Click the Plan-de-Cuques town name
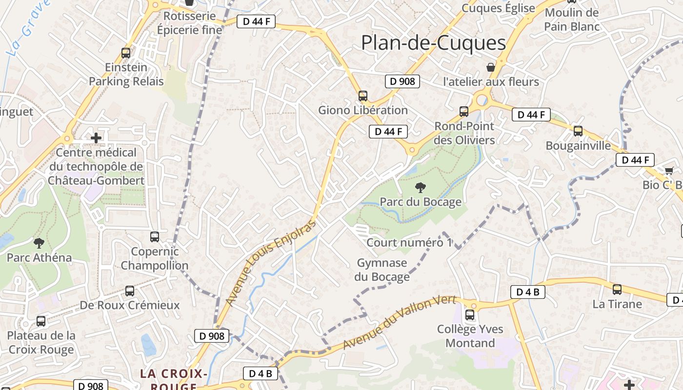click(x=433, y=43)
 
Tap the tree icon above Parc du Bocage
click(x=420, y=187)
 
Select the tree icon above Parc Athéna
click(x=39, y=243)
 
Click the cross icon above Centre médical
click(x=96, y=138)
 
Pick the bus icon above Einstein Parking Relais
click(x=126, y=53)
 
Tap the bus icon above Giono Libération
click(x=363, y=96)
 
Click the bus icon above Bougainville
click(x=578, y=131)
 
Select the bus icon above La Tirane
click(x=617, y=290)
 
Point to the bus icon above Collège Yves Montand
click(x=470, y=315)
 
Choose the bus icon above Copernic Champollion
click(x=155, y=237)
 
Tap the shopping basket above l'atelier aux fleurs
click(x=491, y=67)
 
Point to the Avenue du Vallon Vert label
click(x=399, y=323)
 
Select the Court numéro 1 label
click(x=409, y=243)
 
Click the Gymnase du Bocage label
click(x=382, y=270)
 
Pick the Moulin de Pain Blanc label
click(x=571, y=19)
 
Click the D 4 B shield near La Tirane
click(x=527, y=292)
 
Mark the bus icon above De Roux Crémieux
click(x=130, y=291)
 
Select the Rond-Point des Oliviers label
click(x=464, y=133)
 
